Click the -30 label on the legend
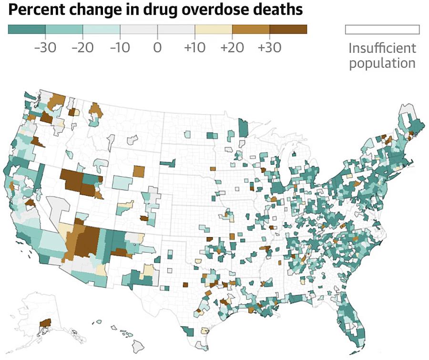[45, 48]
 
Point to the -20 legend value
[82, 48]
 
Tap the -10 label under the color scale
[120, 48]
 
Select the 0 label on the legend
[157, 48]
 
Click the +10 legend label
[194, 48]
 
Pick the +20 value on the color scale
[232, 48]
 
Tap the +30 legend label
[269, 48]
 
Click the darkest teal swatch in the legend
[27, 30]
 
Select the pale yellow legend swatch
[213, 30]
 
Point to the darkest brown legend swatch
[288, 30]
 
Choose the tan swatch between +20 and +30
[251, 30]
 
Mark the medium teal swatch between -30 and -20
[64, 30]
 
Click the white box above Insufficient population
[382, 30]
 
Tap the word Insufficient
[382, 48]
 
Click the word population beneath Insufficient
[382, 63]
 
